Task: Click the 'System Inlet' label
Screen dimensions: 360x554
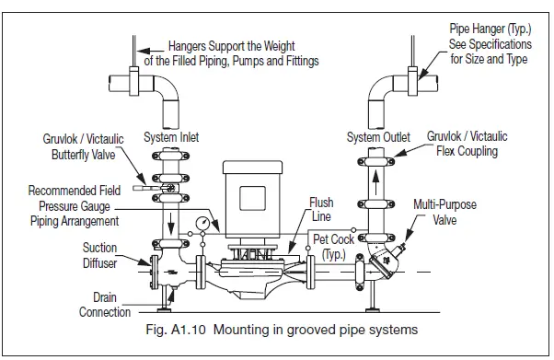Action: (172, 137)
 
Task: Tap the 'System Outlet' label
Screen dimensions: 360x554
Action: (376, 137)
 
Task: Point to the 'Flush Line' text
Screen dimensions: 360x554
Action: (321, 210)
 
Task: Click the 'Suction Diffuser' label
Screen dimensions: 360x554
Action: (99, 254)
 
